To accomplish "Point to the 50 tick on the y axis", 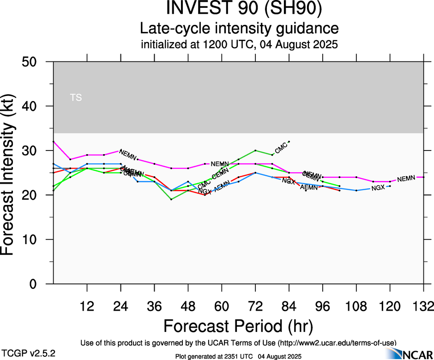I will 32,62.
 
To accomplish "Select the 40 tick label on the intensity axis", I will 32,106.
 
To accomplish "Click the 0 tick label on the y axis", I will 37,284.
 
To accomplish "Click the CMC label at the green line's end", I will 281,149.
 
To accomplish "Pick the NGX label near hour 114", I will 378,188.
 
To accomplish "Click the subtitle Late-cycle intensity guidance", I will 239,29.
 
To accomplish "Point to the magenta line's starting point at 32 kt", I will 54,142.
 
